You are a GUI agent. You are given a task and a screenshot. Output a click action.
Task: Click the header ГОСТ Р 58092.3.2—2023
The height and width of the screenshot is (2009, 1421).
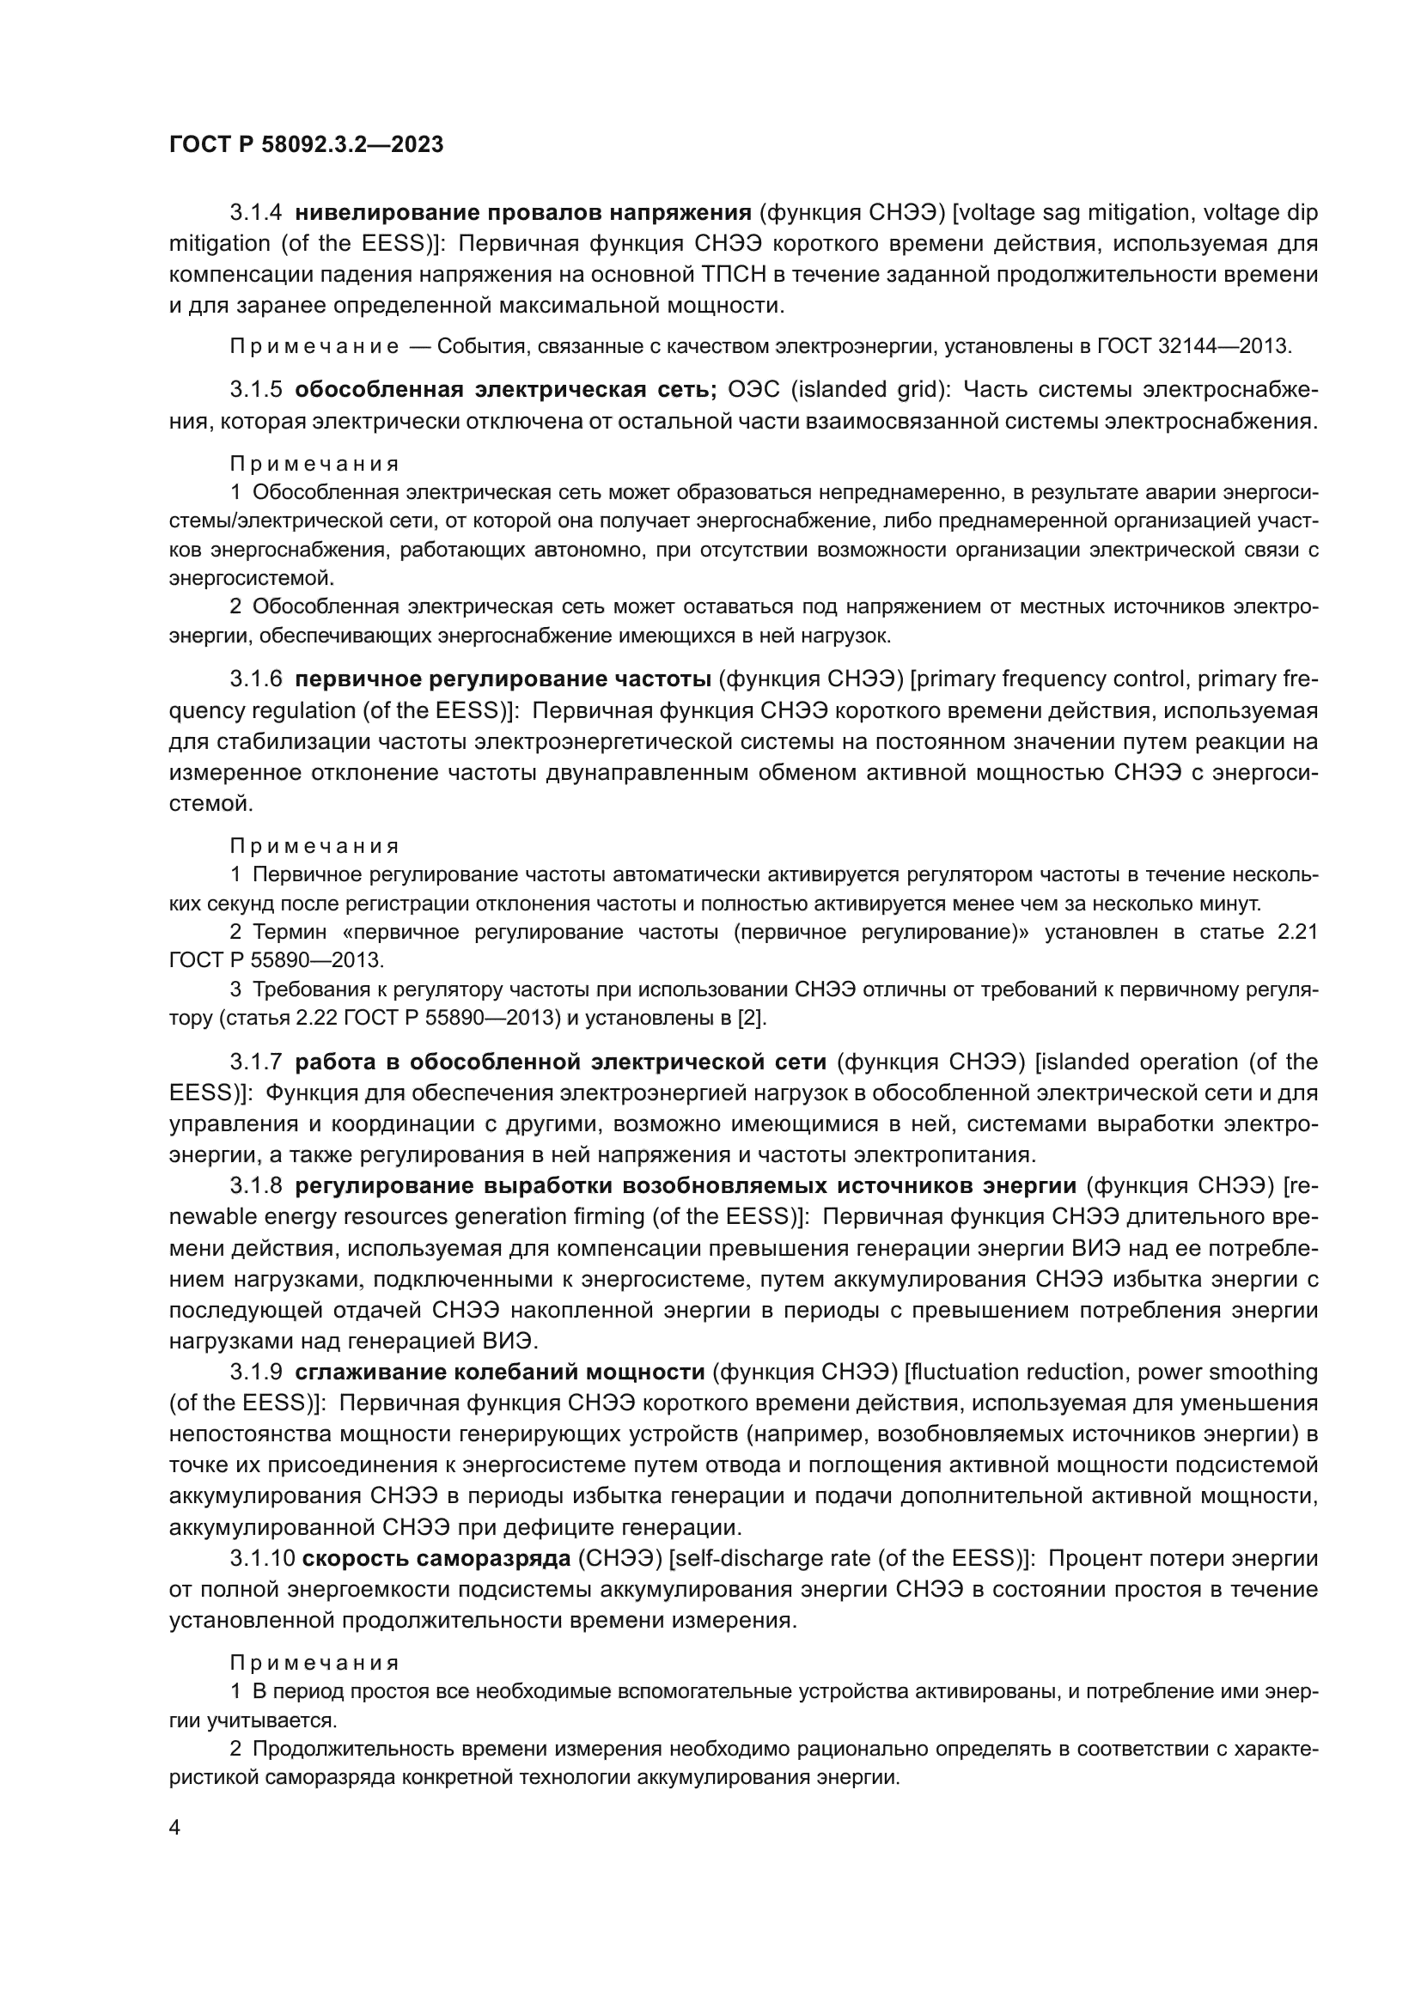pos(306,144)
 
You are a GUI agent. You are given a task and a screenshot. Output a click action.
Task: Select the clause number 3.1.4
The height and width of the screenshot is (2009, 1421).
pos(255,213)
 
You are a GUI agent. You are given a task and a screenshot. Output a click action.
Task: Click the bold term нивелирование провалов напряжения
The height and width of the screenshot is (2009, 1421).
pos(523,213)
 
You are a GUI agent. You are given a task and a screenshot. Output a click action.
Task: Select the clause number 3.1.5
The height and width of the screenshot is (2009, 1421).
pos(255,389)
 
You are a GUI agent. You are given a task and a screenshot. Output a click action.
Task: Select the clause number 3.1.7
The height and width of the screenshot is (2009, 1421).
pos(255,1062)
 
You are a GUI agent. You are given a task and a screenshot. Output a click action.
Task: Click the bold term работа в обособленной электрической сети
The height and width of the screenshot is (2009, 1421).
pos(560,1062)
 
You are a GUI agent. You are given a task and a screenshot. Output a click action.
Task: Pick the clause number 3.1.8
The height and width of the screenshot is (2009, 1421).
pos(255,1185)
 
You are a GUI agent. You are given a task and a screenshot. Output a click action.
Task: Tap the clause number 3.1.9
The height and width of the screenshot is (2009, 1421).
pos(255,1372)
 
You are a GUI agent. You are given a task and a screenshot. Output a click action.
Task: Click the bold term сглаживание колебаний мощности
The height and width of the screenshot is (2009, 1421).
pos(500,1372)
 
